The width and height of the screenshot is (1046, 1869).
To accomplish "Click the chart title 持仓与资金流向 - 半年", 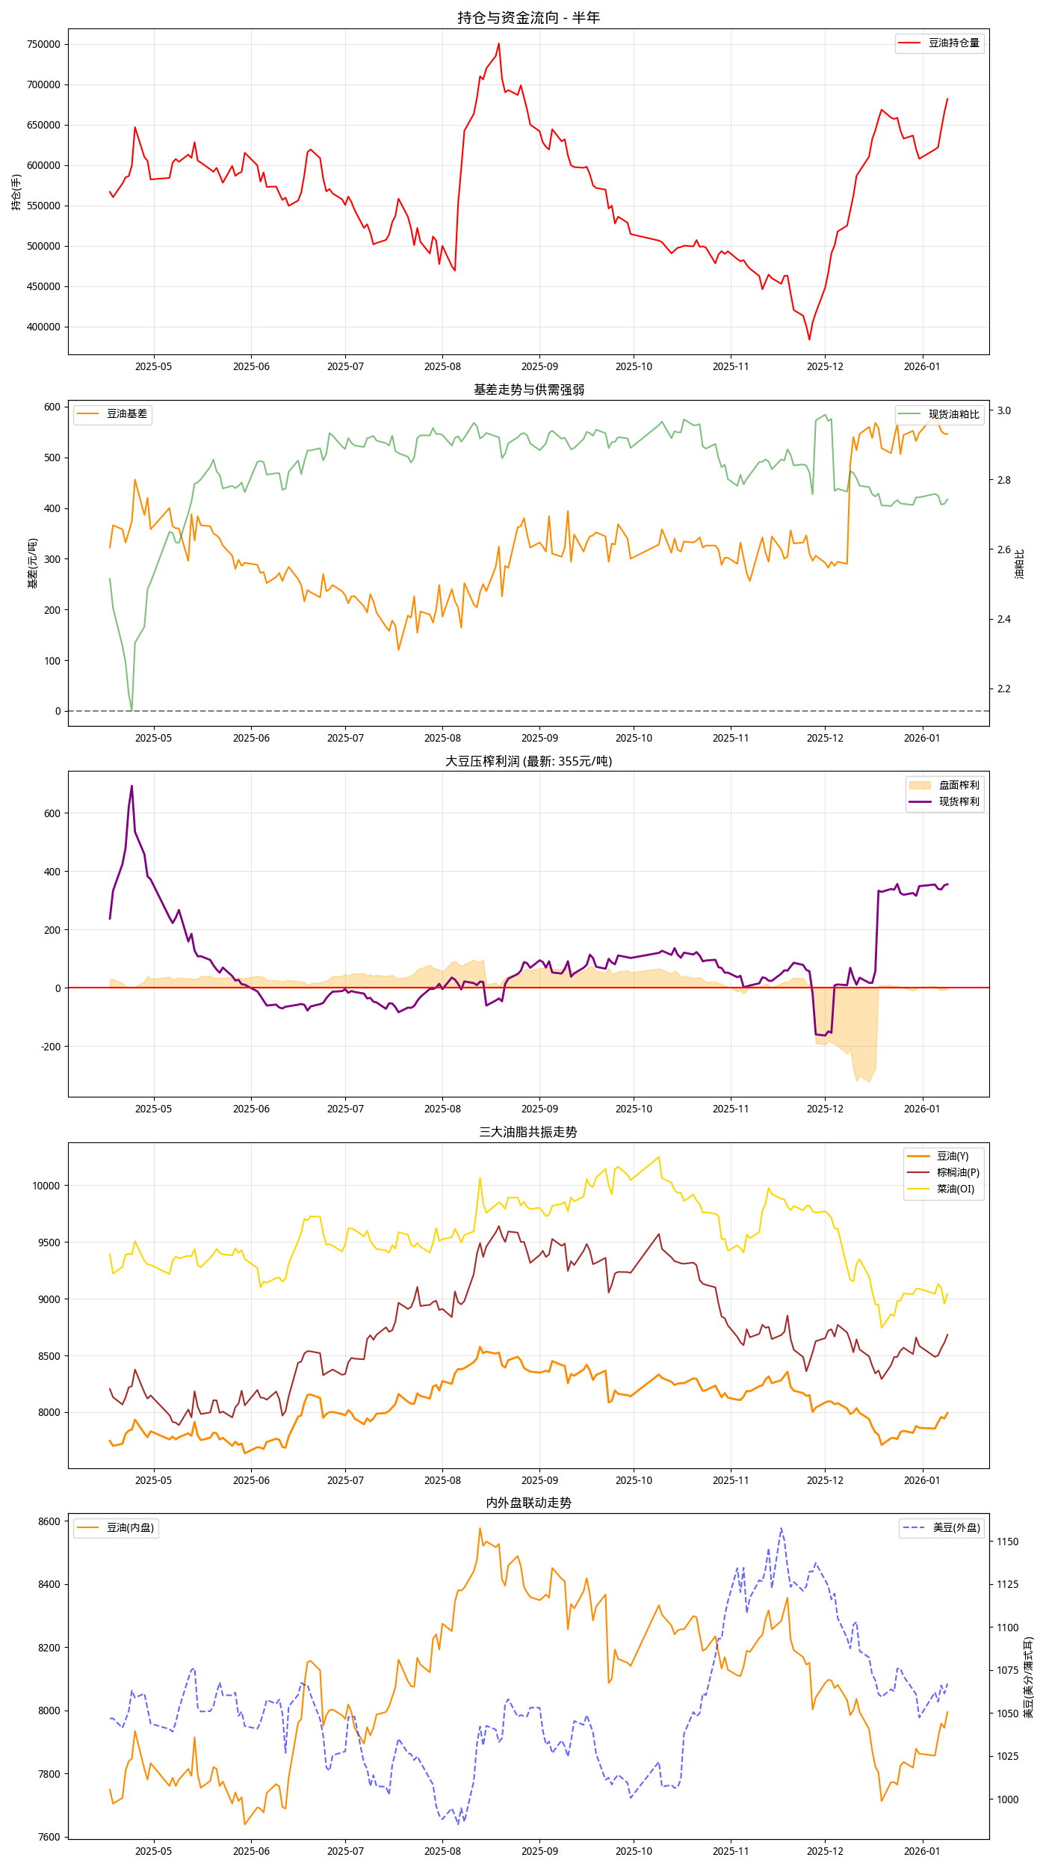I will (x=528, y=17).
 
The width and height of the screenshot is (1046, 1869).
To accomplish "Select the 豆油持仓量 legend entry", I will (x=940, y=43).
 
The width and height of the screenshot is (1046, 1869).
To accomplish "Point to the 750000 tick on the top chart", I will (x=43, y=44).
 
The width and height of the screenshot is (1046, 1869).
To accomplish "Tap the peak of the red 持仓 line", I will (x=499, y=43).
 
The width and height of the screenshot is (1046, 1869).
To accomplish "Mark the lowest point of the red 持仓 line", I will (x=809, y=339).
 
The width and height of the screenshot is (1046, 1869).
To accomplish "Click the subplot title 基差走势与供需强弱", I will (x=528, y=389).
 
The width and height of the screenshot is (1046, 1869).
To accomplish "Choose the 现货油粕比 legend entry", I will (x=940, y=414).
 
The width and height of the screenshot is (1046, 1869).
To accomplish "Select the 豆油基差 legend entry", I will (x=113, y=414).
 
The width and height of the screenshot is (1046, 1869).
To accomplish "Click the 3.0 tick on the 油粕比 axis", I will (x=1003, y=410).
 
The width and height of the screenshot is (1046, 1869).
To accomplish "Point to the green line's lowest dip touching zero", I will (x=131, y=709).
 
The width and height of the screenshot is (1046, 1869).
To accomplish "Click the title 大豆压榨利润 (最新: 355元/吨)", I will (x=528, y=761).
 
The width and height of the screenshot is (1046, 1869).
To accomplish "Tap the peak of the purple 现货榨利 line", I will (x=132, y=786).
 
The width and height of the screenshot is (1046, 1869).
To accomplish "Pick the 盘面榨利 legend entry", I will (x=944, y=785).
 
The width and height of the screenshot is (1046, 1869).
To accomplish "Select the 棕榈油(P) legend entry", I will (x=943, y=1172).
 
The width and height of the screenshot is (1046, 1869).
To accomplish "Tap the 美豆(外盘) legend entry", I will (x=941, y=1528).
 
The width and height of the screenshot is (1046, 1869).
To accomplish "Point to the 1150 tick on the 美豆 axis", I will (x=1007, y=1542).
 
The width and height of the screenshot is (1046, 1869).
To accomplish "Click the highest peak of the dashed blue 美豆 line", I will (x=782, y=1528).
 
